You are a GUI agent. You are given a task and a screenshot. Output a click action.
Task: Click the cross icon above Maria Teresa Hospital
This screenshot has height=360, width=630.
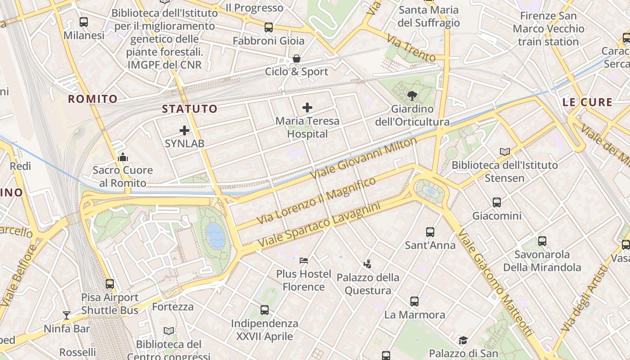point(307,108)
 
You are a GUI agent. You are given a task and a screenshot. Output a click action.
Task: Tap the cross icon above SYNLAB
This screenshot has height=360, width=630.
point(184,130)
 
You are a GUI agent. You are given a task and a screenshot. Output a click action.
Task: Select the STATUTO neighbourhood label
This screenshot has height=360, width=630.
point(189,109)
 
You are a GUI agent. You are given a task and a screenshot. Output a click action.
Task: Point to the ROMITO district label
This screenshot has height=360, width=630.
point(93,99)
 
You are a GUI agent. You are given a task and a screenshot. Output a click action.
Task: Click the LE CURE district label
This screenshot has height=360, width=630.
point(587,102)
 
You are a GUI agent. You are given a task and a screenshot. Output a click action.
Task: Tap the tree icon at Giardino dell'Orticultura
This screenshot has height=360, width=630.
point(412,95)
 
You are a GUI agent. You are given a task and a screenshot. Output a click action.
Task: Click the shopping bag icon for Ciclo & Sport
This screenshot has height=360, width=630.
point(297,58)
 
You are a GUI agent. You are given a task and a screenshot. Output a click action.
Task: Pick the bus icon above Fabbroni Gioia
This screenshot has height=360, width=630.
point(269,27)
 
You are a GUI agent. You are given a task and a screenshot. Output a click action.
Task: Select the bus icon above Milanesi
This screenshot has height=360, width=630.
point(84,22)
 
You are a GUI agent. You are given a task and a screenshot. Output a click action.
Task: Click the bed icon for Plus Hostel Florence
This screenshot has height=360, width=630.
point(304,261)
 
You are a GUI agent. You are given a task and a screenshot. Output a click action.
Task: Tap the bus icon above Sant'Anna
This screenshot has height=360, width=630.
point(430,232)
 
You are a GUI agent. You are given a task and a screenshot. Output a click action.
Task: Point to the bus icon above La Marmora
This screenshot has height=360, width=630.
point(414,301)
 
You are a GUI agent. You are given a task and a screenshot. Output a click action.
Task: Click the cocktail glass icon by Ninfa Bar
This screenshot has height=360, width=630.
point(67,315)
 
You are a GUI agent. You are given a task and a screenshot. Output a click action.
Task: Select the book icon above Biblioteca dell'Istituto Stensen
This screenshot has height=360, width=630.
point(505,152)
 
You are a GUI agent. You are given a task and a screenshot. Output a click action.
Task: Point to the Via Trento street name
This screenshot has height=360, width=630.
point(411,50)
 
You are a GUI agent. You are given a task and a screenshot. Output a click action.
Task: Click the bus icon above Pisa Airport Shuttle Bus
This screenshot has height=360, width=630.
point(110,284)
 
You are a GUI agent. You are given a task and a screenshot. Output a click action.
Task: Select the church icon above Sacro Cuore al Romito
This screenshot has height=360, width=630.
point(123,157)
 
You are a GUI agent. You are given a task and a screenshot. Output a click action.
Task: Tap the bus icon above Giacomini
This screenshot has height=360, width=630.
point(497,202)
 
